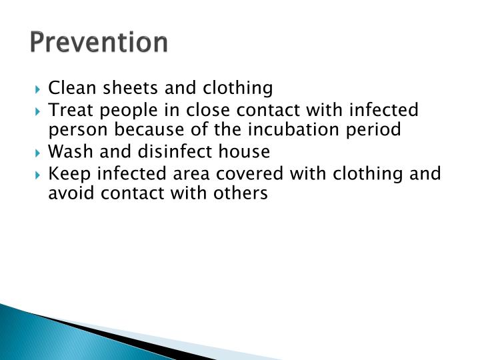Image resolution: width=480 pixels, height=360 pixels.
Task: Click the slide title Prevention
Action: tap(99, 42)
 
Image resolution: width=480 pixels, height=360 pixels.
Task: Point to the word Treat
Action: tap(71, 109)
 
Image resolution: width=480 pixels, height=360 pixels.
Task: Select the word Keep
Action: tap(69, 173)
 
